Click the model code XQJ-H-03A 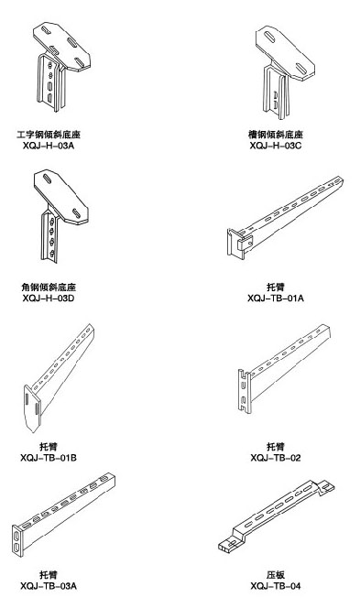[49, 146]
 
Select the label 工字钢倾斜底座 [49, 135]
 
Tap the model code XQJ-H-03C [276, 146]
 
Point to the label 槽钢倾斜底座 [276, 135]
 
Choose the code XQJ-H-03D [49, 299]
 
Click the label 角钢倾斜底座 [49, 288]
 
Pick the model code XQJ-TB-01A [276, 299]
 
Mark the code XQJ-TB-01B [49, 458]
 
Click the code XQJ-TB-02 [276, 458]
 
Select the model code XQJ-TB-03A [49, 586]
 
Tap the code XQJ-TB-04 [276, 586]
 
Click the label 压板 [276, 575]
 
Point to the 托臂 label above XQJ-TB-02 [276, 447]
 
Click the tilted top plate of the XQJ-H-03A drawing [62, 47]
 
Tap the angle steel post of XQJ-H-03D [49, 236]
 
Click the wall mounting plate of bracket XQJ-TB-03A [16, 541]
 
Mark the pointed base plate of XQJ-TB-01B [32, 409]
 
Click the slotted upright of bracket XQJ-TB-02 [244, 391]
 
